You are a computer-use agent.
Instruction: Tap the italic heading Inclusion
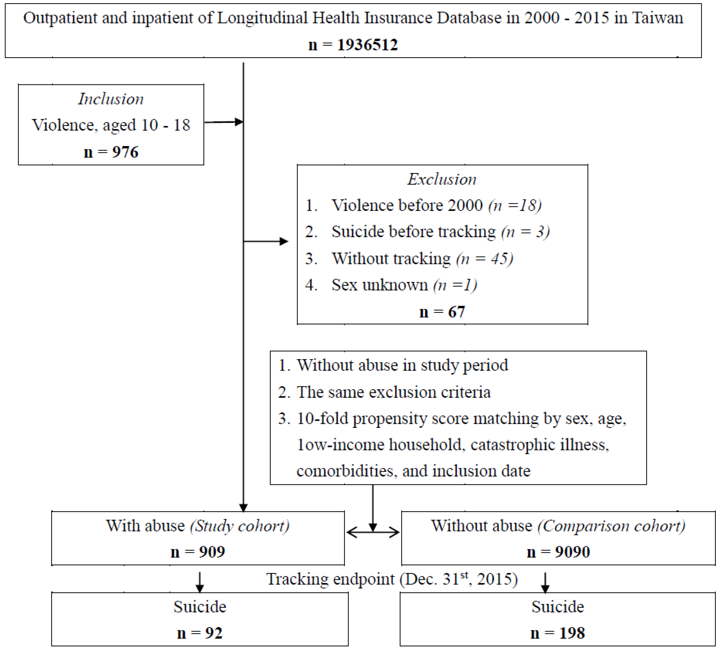click(111, 99)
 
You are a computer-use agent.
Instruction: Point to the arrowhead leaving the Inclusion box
click(239, 122)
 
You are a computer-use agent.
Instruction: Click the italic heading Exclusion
click(442, 179)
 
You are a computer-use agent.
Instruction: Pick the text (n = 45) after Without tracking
click(485, 259)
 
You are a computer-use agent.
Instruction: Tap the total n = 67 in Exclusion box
click(442, 312)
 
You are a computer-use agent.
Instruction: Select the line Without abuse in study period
click(402, 365)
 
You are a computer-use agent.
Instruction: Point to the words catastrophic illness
click(540, 445)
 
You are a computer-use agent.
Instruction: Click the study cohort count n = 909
click(198, 552)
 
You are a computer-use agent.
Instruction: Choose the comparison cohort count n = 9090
click(558, 552)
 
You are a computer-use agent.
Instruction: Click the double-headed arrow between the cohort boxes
click(373, 532)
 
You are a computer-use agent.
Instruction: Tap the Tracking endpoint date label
click(392, 579)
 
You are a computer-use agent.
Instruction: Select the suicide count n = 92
click(200, 633)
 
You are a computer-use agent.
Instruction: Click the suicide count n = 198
click(558, 633)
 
